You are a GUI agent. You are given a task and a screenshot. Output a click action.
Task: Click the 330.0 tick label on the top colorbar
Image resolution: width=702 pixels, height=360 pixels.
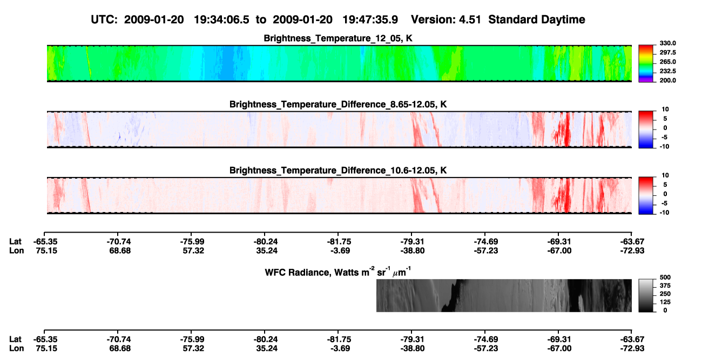tap(667, 43)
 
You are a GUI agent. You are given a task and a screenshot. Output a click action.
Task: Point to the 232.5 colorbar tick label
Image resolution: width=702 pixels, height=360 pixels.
tap(667, 71)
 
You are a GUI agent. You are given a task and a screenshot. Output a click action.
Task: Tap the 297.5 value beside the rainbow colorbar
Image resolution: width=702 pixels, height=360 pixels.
tap(667, 52)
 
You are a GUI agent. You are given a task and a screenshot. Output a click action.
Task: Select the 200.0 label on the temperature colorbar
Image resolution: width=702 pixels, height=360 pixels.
tap(667, 80)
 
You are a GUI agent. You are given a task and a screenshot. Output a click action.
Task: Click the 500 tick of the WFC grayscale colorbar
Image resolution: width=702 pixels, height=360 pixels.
tap(665, 277)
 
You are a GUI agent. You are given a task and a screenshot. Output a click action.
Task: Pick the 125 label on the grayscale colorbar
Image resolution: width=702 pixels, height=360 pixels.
tap(665, 302)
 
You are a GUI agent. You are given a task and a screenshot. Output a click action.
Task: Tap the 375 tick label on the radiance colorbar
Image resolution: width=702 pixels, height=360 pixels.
tap(665, 286)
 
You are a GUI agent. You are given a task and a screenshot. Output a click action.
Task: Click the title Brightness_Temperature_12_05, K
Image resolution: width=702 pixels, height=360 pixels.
tap(338, 38)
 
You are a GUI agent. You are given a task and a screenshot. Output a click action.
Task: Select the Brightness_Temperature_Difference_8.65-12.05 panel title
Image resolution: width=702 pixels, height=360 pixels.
tap(338, 104)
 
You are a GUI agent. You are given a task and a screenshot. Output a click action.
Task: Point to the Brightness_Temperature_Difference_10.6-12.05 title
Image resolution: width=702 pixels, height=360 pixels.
tap(338, 171)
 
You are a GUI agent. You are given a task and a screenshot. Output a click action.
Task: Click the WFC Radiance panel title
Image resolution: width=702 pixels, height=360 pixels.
tap(338, 271)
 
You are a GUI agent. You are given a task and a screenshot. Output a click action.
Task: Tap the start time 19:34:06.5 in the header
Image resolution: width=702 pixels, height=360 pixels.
tap(221, 20)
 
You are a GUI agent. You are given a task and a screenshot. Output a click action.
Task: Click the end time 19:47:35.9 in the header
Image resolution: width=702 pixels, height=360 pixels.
tap(370, 20)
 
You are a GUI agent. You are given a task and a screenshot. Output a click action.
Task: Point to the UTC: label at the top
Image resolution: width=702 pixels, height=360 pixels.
tap(104, 20)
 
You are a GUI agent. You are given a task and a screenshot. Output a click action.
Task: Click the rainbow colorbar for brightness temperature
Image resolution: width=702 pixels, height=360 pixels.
tap(646, 64)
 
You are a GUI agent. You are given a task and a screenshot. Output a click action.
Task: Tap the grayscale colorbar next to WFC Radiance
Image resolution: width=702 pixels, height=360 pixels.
tap(646, 295)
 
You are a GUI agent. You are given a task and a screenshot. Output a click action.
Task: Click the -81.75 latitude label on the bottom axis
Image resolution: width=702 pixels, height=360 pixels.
tap(339, 339)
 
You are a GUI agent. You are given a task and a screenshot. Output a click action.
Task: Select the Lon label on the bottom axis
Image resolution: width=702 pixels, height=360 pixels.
tap(17, 349)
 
